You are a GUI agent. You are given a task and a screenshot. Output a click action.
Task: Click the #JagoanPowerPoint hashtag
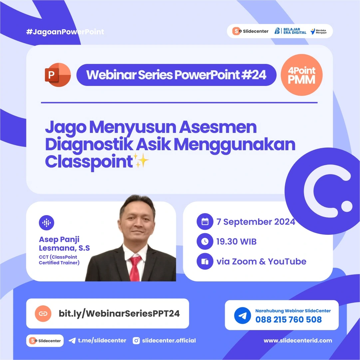click(x=65, y=32)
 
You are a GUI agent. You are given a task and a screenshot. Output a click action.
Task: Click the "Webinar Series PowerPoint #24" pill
click(x=176, y=75)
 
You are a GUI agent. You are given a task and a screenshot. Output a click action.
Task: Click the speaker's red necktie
click(x=135, y=268)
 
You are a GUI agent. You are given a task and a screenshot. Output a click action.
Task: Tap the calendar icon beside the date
click(x=205, y=222)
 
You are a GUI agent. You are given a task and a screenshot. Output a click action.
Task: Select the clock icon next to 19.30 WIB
click(x=205, y=242)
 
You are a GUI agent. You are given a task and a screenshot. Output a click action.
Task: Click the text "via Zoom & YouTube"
click(x=261, y=261)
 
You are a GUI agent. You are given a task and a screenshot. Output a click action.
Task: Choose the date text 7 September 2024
click(x=256, y=222)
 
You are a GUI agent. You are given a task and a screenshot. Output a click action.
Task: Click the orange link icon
click(x=43, y=313)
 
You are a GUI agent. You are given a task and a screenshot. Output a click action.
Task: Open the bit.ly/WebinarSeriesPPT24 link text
click(x=119, y=313)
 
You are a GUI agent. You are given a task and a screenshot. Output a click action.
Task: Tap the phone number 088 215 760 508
click(x=288, y=320)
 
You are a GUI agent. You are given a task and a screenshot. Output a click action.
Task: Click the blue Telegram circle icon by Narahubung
click(x=242, y=315)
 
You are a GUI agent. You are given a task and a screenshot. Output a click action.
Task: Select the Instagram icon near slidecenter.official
click(x=136, y=340)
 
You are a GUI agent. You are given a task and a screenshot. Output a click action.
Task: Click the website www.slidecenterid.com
click(x=298, y=340)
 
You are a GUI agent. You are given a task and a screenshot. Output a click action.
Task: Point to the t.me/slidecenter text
click(x=102, y=340)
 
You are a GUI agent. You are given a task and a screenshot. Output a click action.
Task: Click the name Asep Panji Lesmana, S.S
click(x=64, y=244)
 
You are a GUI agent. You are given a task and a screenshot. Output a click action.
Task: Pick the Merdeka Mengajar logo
click(x=319, y=31)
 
